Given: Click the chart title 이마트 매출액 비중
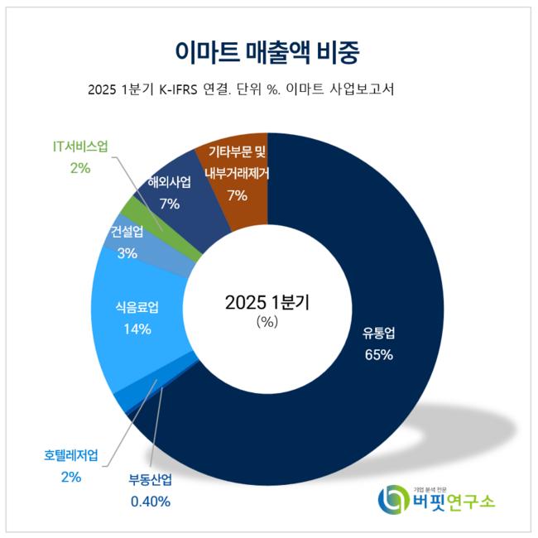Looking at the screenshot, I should tap(268, 51).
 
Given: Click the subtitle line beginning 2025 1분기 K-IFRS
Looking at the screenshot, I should tap(239, 89).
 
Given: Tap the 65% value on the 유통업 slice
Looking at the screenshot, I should tap(377, 355).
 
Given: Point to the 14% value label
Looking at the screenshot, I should tap(137, 329).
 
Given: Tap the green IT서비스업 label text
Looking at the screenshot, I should tap(80, 147).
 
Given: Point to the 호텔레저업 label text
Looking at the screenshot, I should tap(71, 455).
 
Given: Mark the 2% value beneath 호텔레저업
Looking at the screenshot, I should tap(70, 476).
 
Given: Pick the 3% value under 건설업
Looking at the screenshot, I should tap(127, 253).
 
